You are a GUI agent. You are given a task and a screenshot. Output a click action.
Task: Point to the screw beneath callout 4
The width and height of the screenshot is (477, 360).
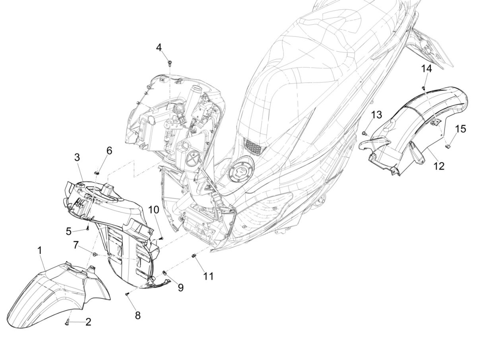click(170, 62)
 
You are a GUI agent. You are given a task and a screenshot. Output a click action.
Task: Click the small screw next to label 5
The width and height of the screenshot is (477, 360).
click(87, 229)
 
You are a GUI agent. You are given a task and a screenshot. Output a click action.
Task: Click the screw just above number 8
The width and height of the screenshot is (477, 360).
click(127, 294)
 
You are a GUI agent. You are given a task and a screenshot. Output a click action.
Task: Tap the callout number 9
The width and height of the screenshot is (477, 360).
click(180, 287)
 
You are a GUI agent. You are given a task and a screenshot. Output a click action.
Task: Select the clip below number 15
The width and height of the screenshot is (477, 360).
click(446, 146)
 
